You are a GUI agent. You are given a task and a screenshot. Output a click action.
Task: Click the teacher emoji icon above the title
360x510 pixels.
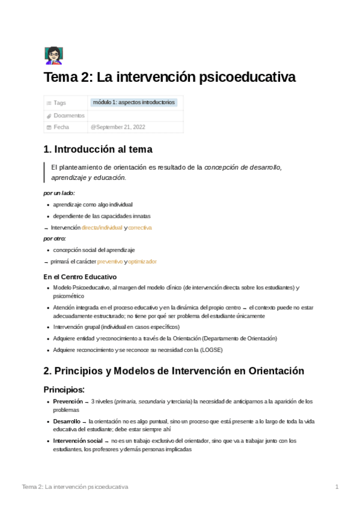(53, 56)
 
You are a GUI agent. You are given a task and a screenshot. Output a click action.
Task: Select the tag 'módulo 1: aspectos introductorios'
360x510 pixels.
(134, 102)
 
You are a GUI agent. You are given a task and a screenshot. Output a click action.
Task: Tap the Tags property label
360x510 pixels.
(59, 103)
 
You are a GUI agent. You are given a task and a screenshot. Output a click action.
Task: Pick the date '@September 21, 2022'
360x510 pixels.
(118, 127)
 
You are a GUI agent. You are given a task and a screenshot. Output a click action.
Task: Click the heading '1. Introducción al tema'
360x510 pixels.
(98, 150)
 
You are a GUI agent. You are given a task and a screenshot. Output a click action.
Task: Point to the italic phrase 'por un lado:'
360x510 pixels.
(59, 193)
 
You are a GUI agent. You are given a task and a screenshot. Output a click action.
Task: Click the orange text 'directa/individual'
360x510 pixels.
(102, 228)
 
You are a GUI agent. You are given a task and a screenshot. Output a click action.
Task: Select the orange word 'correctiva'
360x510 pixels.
(140, 228)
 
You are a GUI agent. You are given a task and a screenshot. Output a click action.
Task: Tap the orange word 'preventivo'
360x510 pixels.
(110, 262)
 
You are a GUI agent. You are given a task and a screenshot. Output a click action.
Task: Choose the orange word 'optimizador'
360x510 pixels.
(142, 262)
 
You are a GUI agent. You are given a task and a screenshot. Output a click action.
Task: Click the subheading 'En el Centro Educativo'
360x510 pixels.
(80, 277)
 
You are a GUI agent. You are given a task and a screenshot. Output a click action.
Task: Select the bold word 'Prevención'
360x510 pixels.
(68, 401)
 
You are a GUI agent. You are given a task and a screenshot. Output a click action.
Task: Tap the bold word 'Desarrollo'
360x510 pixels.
(66, 421)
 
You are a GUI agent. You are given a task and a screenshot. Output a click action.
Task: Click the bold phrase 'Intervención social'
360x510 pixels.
(78, 441)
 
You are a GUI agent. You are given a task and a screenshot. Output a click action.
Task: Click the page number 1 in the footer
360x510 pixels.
(337, 486)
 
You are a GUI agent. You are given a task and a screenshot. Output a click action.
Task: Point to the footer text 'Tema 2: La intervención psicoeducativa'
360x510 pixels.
(75, 486)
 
